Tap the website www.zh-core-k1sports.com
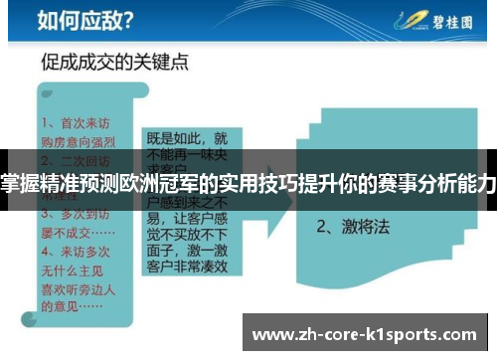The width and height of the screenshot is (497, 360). pyautogui.click(x=367, y=331)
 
